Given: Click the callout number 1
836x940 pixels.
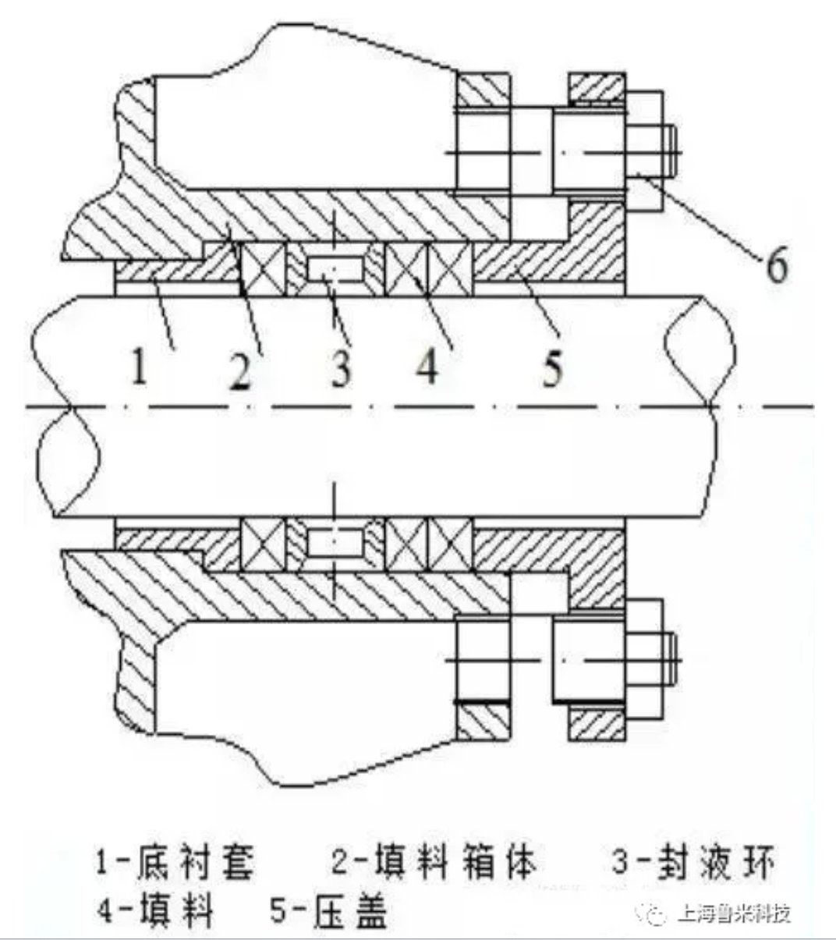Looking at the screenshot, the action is point(140,367).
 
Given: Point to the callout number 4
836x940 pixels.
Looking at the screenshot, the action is point(427,367).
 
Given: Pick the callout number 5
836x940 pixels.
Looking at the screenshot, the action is point(552,367).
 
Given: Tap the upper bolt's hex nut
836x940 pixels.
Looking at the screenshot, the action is point(644,151).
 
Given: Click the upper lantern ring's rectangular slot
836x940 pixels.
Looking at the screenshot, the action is point(335,270).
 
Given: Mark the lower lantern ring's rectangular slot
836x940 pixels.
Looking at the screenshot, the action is point(335,544).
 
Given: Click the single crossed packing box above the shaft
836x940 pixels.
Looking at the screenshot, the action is point(263,268).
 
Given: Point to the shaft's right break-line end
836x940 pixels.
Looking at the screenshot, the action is point(700,406).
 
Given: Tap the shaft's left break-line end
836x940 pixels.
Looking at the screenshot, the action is point(67,406).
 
